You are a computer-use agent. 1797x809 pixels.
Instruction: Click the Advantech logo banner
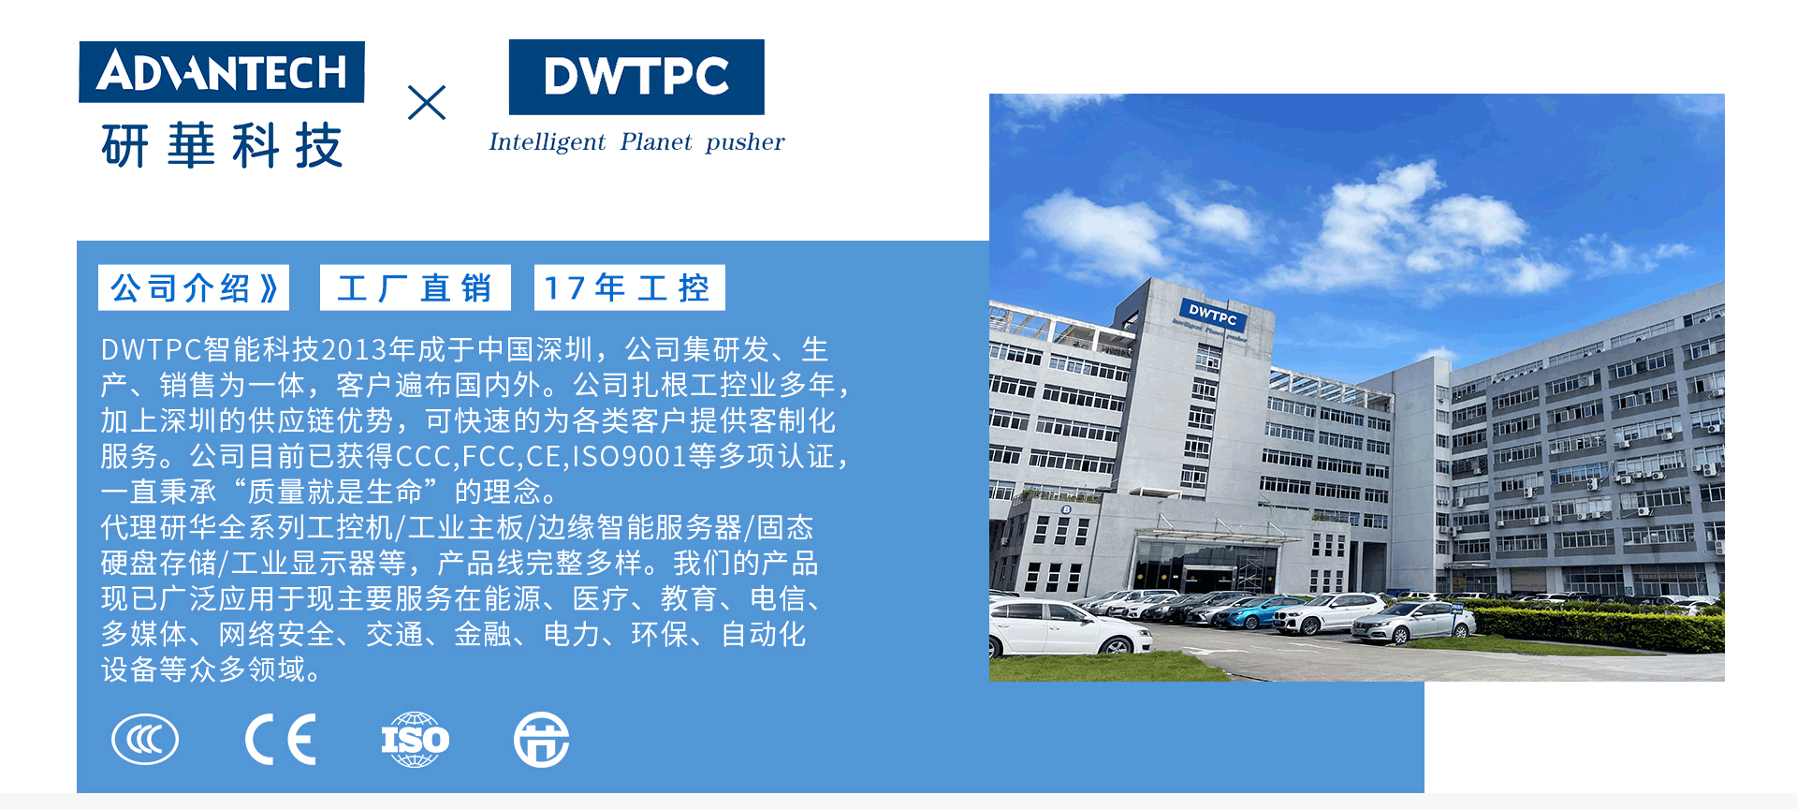pyautogui.click(x=222, y=72)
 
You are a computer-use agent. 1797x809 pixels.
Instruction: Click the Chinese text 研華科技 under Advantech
pyautogui.click(x=222, y=146)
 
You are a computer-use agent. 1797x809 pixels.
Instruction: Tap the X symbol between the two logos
pyautogui.click(x=427, y=103)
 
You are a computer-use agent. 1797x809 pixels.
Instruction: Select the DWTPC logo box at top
pyautogui.click(x=636, y=77)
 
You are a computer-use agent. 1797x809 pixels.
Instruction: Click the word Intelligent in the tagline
pyautogui.click(x=547, y=142)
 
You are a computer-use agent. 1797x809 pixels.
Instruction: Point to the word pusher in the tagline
pyautogui.click(x=745, y=142)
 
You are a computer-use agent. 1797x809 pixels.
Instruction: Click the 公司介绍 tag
pyautogui.click(x=194, y=287)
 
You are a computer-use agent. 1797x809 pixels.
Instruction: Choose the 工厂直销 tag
pyautogui.click(x=415, y=287)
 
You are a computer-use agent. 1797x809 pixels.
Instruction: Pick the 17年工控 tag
pyautogui.click(x=629, y=287)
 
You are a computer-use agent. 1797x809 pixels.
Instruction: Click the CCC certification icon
pyautogui.click(x=145, y=740)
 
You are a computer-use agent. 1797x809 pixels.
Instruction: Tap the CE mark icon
pyautogui.click(x=281, y=740)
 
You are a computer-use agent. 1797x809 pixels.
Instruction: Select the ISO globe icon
pyautogui.click(x=415, y=740)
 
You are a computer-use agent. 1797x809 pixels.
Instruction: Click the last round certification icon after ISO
pyautogui.click(x=541, y=740)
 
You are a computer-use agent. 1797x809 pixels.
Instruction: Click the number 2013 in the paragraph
pyautogui.click(x=354, y=350)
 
